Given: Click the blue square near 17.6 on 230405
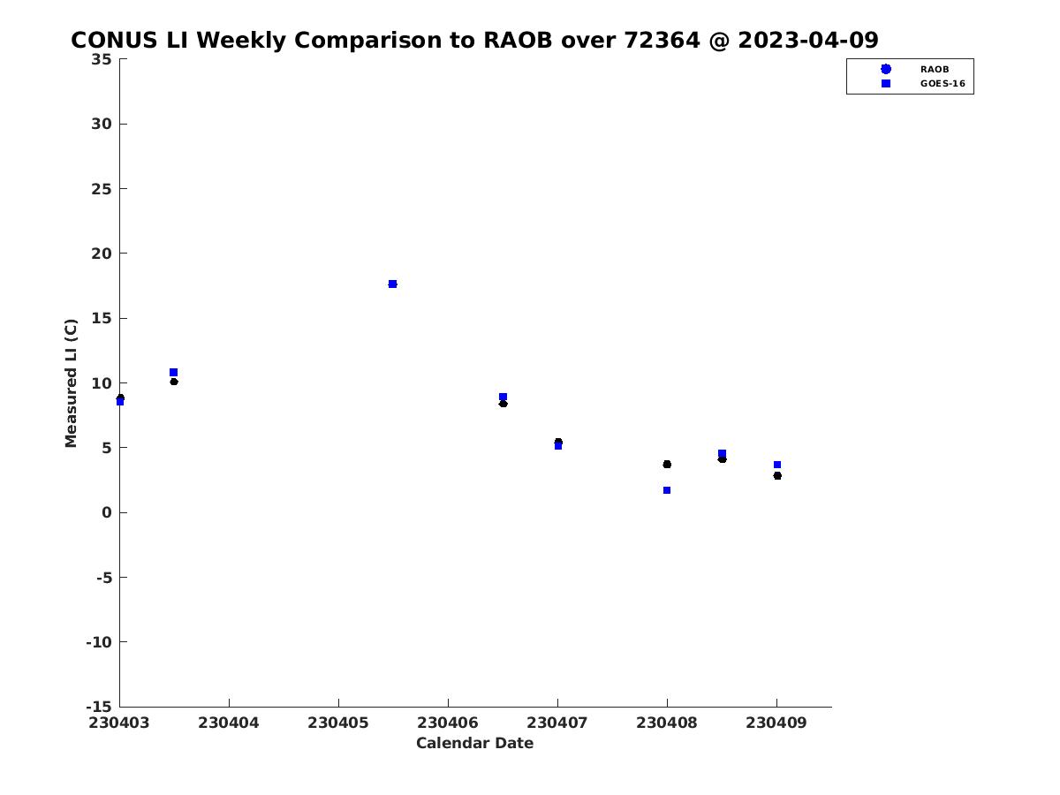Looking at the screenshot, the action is (392, 284).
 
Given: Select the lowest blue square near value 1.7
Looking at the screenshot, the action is (667, 490).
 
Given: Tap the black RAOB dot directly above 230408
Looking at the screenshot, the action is (667, 465).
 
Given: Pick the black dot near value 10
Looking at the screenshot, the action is (174, 382).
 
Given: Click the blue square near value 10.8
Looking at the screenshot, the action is (173, 372).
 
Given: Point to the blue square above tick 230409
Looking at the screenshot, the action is (777, 465).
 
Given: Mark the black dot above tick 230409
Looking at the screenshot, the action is (777, 476).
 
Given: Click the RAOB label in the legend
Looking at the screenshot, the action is (935, 70).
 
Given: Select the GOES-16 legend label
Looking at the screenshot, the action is (943, 84).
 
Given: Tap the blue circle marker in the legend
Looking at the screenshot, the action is (886, 69).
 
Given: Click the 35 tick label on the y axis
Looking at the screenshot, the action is (102, 59).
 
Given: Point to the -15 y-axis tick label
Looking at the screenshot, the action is (99, 708).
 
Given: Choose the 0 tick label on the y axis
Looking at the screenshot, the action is (107, 512).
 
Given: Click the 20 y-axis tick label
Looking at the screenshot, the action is (102, 254).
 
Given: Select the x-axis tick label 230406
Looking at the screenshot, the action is (448, 723).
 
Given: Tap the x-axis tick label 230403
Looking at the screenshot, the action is (119, 723).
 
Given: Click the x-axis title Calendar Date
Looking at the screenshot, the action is (474, 744).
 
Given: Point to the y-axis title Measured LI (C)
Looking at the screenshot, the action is (71, 383).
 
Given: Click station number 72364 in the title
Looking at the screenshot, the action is (662, 40).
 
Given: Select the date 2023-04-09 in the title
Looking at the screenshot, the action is (808, 40).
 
